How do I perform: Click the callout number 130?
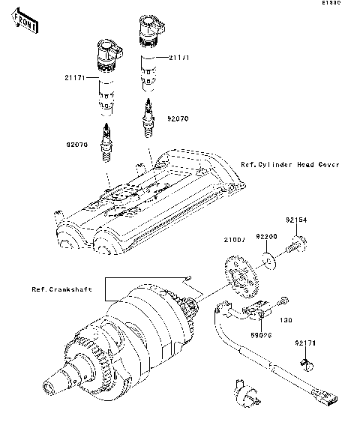(285, 320)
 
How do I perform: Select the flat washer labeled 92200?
(268, 261)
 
